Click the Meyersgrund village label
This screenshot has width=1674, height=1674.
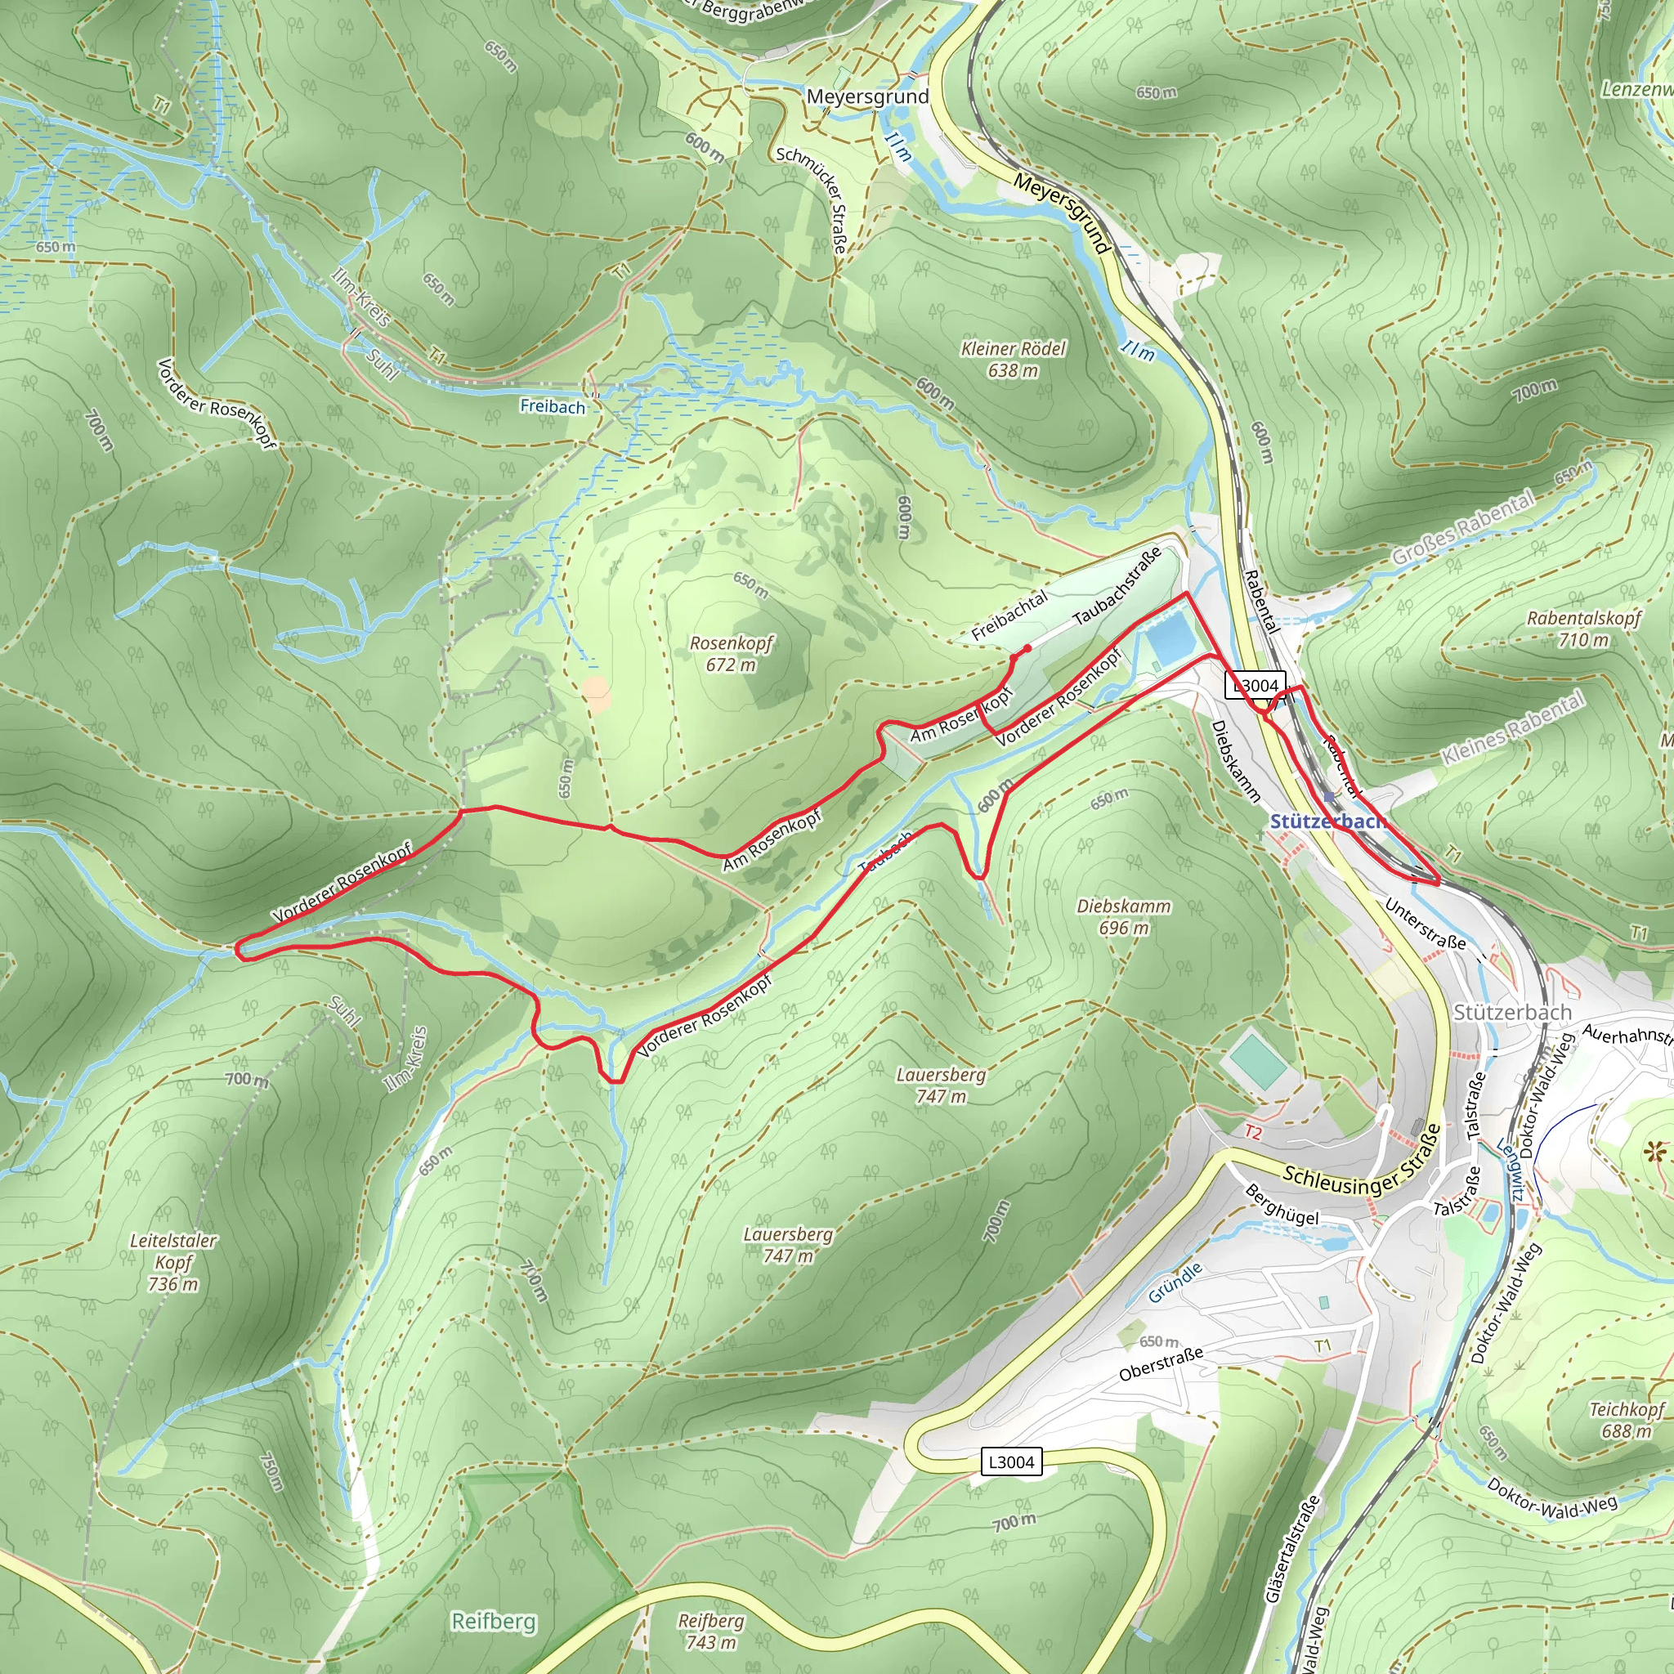click(866, 96)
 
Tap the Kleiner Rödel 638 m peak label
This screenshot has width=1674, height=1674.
click(1013, 359)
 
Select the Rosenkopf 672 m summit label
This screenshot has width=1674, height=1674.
click(732, 653)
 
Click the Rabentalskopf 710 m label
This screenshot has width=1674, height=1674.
click(1583, 629)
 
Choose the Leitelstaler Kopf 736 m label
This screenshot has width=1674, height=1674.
click(173, 1261)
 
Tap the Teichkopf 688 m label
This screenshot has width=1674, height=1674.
click(1626, 1420)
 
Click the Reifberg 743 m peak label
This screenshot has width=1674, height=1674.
click(710, 1631)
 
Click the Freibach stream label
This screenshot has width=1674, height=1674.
click(552, 405)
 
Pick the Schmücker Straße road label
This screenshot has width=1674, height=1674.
click(812, 199)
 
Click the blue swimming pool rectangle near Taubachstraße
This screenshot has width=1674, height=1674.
click(1170, 637)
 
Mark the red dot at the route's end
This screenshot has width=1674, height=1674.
click(1027, 648)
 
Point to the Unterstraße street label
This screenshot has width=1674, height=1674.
click(1425, 924)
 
